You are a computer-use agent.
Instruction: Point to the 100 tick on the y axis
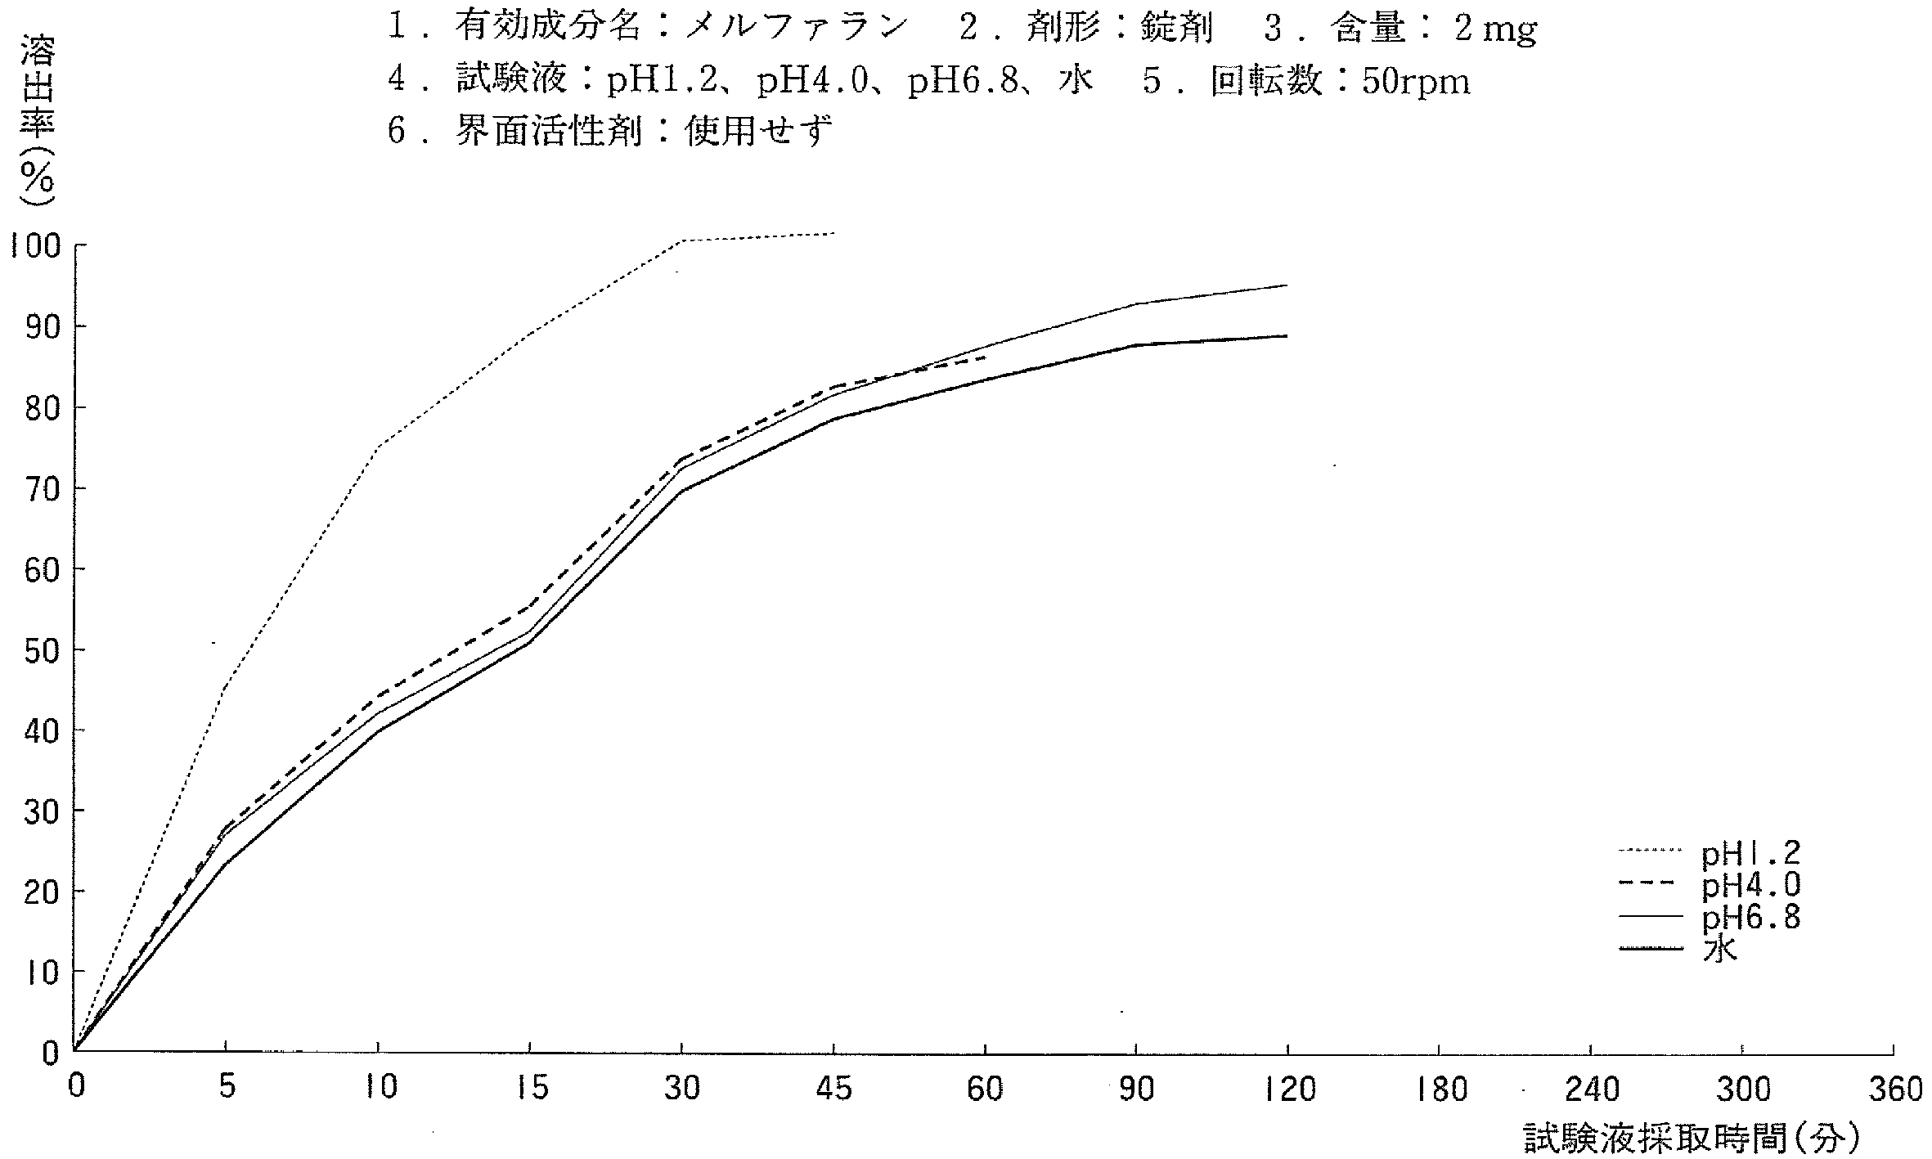36,245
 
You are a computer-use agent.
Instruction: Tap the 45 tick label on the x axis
833,1089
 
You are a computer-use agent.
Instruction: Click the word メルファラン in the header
797,29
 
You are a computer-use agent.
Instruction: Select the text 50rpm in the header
1416,80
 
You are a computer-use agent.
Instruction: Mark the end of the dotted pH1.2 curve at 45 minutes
833,233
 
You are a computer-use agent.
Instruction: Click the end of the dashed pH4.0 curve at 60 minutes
985,358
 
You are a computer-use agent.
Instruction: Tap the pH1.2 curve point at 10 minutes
378,447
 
